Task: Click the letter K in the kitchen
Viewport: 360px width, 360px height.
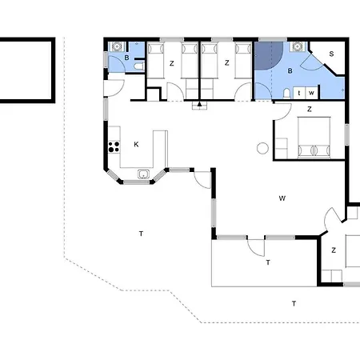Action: point(136,144)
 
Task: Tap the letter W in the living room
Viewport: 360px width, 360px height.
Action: point(282,198)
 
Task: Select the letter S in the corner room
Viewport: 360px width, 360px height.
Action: point(331,54)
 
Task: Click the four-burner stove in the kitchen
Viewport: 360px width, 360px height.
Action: point(114,147)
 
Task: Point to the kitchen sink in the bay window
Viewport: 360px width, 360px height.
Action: point(143,174)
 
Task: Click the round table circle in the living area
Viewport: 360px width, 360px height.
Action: point(262,148)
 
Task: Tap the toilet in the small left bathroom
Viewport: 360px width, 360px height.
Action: point(139,66)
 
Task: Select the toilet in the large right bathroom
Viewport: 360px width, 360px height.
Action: point(286,94)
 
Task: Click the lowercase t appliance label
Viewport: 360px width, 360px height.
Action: point(299,93)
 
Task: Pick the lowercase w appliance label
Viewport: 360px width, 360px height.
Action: point(311,93)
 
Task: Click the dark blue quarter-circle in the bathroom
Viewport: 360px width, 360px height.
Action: point(268,56)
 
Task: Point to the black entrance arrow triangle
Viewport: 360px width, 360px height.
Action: point(199,104)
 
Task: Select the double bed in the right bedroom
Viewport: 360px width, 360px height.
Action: point(314,137)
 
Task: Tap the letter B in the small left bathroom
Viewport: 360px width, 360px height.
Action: point(126,58)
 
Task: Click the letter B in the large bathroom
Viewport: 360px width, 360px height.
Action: point(290,71)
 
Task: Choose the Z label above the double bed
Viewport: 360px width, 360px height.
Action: point(310,109)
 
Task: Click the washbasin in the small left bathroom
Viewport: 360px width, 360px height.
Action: point(117,46)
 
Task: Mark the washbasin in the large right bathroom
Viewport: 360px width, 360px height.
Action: point(297,46)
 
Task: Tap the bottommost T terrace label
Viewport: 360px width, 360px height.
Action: point(294,303)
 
